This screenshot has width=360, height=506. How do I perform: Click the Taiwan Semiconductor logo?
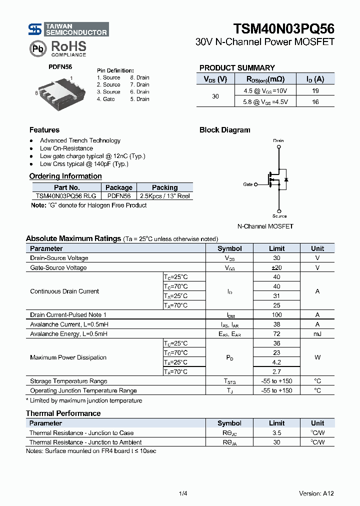click(x=68, y=29)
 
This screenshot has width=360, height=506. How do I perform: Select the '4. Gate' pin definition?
click(x=106, y=99)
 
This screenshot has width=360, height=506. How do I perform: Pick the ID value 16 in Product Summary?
click(x=315, y=101)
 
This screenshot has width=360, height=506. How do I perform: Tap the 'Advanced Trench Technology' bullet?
click(x=80, y=140)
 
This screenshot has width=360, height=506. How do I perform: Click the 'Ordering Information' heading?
click(x=65, y=176)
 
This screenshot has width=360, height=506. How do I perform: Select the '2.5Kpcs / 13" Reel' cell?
click(x=164, y=196)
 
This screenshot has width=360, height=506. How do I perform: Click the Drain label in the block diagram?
click(x=278, y=140)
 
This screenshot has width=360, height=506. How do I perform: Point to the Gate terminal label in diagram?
click(x=248, y=184)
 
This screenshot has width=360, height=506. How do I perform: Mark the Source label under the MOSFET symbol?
click(x=279, y=216)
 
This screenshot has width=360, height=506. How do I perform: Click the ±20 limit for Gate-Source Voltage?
click(x=276, y=267)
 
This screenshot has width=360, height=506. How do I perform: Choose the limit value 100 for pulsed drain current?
click(x=276, y=315)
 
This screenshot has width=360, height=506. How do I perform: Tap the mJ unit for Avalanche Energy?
click(x=317, y=334)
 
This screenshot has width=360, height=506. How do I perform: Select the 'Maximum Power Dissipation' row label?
click(x=68, y=357)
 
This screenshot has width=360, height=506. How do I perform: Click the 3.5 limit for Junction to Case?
click(x=276, y=433)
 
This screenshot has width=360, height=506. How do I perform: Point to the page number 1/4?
click(x=182, y=493)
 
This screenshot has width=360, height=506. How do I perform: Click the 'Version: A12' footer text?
click(x=316, y=493)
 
